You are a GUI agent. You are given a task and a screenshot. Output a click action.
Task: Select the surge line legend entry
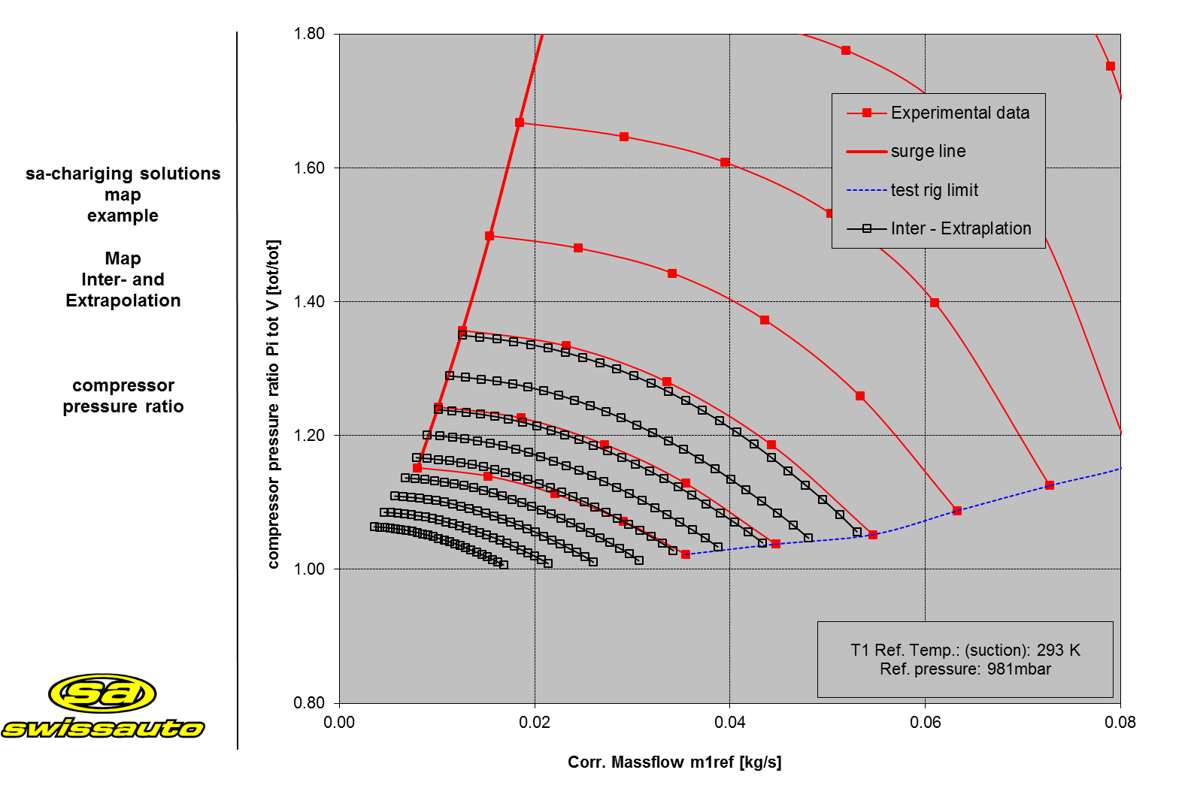point(928,151)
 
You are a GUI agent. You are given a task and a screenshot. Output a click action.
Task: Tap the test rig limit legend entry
point(934,190)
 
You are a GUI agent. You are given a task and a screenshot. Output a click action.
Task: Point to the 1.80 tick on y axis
point(309,34)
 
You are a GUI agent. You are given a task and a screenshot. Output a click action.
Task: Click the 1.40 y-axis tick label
point(309,301)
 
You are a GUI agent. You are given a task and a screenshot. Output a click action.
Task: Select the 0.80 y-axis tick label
point(309,702)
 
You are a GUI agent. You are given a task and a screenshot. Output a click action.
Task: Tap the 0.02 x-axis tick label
point(535,723)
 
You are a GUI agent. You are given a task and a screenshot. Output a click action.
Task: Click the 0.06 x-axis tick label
point(925,723)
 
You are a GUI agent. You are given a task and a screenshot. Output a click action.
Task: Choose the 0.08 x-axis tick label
point(1120,723)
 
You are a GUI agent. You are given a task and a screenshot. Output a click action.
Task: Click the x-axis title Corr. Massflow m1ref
point(674,762)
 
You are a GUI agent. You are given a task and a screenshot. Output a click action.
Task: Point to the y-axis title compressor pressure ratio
point(274,403)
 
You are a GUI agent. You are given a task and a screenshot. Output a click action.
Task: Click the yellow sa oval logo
point(102,693)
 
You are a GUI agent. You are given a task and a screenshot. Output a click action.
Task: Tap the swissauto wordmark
point(103,728)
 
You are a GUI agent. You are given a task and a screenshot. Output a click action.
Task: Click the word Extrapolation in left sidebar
point(123,300)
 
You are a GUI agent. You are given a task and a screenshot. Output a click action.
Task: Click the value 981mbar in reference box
point(1019,669)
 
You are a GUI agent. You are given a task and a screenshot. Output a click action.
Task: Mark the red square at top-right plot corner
point(1111,66)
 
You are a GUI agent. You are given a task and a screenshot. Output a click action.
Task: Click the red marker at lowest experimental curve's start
point(417,468)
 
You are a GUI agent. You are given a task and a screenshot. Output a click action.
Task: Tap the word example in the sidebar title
point(123,216)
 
